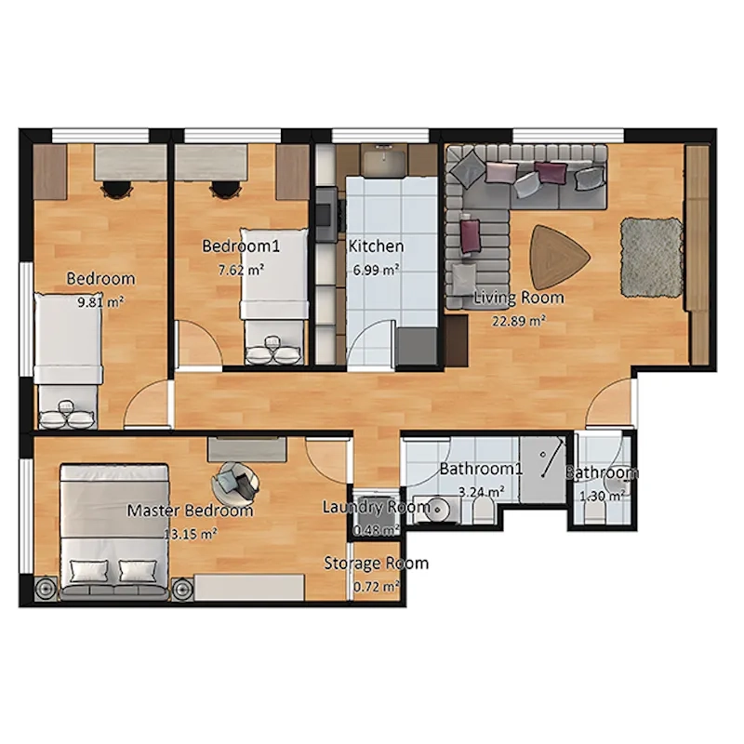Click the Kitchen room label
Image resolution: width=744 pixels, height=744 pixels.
click(x=376, y=246)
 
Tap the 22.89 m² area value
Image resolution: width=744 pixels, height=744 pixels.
click(x=519, y=321)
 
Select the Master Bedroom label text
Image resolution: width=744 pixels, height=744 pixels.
click(x=190, y=511)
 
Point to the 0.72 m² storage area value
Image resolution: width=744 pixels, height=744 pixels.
click(x=377, y=587)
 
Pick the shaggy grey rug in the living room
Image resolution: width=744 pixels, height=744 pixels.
click(x=653, y=258)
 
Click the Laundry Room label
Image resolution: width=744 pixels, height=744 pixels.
click(x=377, y=507)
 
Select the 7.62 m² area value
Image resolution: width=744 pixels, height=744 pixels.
click(x=241, y=270)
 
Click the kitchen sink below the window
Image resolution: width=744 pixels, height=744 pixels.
click(x=384, y=158)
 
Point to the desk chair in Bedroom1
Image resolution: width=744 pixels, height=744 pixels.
click(x=224, y=190)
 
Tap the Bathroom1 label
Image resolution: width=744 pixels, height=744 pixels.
click(x=481, y=469)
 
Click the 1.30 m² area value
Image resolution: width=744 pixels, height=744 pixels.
click(x=602, y=497)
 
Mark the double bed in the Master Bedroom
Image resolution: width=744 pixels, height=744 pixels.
click(x=113, y=531)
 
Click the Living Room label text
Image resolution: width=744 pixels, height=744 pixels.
click(x=519, y=298)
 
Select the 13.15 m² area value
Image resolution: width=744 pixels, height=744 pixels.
click(x=191, y=534)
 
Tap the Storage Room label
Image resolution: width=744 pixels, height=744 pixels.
click(x=377, y=564)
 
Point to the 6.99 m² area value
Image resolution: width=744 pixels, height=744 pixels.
click(x=376, y=270)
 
